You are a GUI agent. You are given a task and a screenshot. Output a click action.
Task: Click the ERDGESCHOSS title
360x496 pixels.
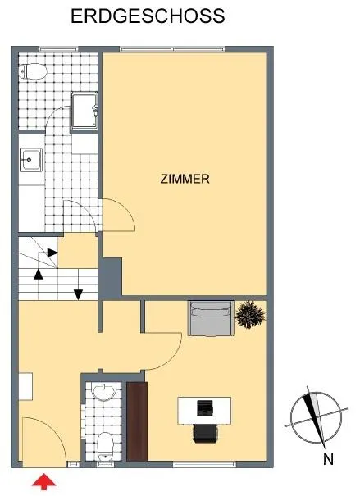[x=148, y=16]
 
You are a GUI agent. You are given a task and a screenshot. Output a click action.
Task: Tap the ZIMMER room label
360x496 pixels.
[x=185, y=179]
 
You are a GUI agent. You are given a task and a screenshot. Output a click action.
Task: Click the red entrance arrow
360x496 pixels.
[x=44, y=481]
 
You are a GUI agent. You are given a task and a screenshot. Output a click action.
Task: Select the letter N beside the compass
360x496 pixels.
[x=328, y=459]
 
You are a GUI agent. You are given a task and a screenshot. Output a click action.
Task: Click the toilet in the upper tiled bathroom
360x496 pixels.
[x=33, y=71]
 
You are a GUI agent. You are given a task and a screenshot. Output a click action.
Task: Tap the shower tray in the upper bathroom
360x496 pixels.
[x=84, y=111]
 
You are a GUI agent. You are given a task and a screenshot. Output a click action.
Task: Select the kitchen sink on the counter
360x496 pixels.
[x=30, y=160]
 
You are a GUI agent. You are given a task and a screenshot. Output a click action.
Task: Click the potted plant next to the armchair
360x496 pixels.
[x=250, y=314]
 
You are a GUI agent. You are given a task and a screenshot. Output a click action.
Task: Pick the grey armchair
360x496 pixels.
[x=211, y=318]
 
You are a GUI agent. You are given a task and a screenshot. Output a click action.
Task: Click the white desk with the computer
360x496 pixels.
[x=204, y=411]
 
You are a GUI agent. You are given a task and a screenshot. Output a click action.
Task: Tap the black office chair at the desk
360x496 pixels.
[x=206, y=434]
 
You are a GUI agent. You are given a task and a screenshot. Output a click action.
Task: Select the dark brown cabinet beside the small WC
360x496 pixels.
[x=137, y=421]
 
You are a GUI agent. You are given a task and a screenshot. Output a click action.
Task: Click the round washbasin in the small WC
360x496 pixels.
[x=103, y=392]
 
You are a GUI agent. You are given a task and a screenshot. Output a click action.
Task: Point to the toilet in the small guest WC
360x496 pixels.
[x=105, y=447]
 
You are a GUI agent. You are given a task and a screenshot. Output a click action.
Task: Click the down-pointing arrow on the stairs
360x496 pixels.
[x=78, y=294]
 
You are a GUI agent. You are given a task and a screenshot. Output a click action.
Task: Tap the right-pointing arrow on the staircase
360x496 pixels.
[x=52, y=253]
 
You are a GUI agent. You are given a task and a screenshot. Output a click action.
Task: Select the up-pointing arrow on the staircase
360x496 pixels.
[x=39, y=275]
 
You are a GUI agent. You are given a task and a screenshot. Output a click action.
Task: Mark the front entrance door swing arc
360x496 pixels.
[x=57, y=431]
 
